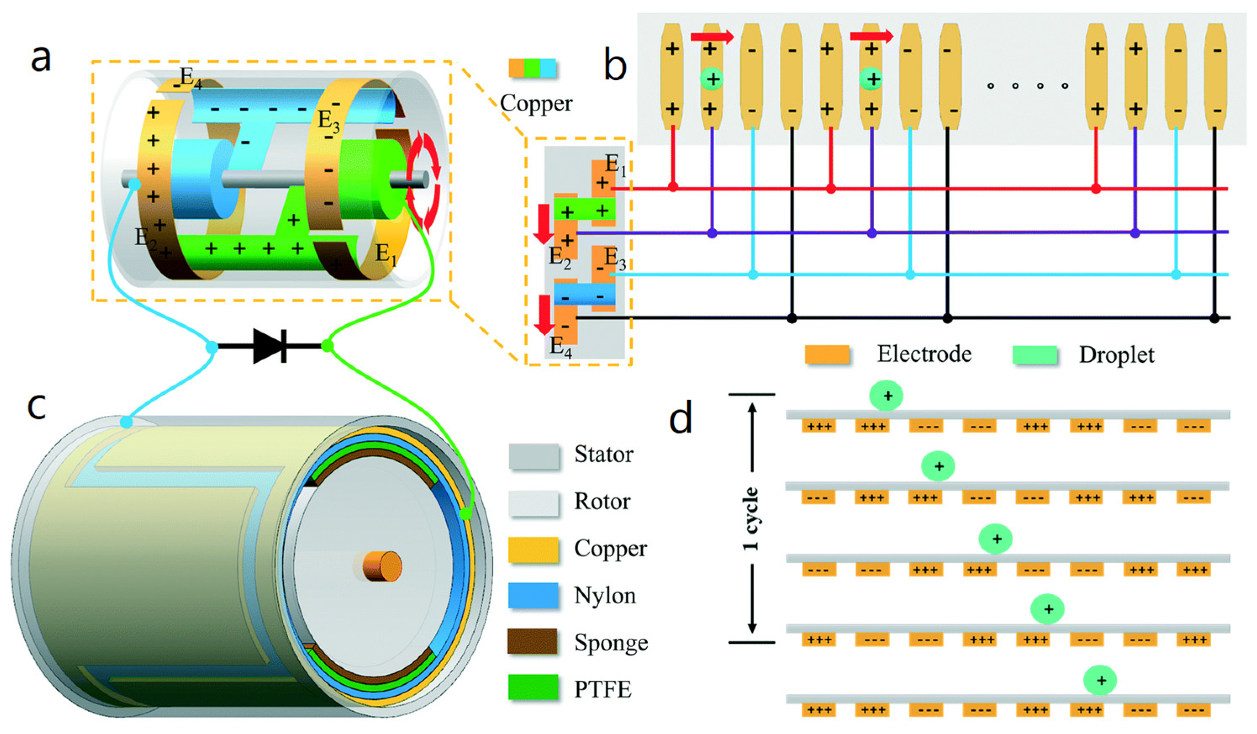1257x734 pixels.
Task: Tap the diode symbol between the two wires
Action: pyautogui.click(x=270, y=346)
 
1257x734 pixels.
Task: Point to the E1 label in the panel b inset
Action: pyautogui.click(x=615, y=165)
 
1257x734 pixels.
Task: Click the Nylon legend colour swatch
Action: pyautogui.click(x=533, y=595)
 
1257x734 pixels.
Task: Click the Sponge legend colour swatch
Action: pyautogui.click(x=533, y=642)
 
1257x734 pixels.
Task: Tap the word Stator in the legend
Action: pyautogui.click(x=604, y=454)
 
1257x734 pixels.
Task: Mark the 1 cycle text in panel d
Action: pyautogui.click(x=751, y=519)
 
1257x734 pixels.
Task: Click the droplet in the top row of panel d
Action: pyautogui.click(x=886, y=396)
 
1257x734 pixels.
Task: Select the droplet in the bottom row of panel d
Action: pyautogui.click(x=1100, y=680)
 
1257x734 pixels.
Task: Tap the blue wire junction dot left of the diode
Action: pyautogui.click(x=212, y=347)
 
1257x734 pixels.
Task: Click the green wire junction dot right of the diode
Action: pyautogui.click(x=327, y=345)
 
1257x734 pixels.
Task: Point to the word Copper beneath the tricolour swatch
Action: pyautogui.click(x=536, y=104)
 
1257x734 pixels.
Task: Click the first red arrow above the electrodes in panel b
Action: pyautogui.click(x=712, y=36)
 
